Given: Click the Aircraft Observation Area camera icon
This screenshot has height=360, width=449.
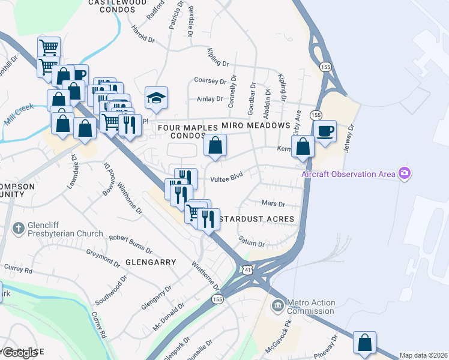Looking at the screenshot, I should tap(405, 174).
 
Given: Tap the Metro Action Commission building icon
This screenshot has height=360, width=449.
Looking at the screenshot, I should tap(277, 306).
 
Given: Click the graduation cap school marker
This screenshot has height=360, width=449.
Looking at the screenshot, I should tap(156, 98).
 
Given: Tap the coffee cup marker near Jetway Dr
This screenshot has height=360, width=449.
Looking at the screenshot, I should tap(325, 131).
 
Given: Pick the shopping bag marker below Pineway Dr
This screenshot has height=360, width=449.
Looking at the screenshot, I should tap(364, 343).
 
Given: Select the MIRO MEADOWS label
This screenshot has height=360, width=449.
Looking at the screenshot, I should tap(256, 125).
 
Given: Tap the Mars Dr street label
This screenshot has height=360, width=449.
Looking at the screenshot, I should tap(272, 203).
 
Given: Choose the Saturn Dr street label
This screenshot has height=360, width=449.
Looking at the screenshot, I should tap(253, 244).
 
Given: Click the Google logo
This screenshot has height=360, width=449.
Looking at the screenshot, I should tap(19, 353).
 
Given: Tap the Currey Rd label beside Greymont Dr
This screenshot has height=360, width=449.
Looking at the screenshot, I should tap(18, 268).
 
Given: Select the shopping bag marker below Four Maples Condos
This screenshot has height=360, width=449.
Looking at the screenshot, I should tap(215, 145).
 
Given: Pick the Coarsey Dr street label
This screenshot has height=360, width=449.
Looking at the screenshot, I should tap(209, 80).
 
